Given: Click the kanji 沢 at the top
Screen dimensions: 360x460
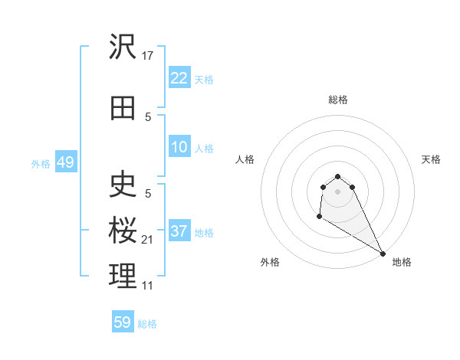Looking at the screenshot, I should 123,47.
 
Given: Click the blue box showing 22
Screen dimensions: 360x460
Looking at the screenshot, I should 179,79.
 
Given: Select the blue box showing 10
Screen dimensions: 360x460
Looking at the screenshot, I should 179,148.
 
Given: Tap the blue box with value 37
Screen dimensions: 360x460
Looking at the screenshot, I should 179,232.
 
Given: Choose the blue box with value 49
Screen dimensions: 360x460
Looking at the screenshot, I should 65,163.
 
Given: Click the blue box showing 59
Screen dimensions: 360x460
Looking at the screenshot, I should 123,323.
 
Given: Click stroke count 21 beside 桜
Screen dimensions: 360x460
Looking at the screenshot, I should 149,240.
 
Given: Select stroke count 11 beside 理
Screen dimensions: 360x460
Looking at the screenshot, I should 148,286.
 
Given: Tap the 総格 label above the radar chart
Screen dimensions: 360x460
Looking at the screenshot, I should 338,100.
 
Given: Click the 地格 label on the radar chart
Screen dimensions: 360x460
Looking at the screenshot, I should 402,263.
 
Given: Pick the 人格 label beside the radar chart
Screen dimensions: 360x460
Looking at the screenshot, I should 245,159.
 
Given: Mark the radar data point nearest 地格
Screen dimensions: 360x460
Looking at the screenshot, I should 383,254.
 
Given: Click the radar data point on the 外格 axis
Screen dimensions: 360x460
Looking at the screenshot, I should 319,217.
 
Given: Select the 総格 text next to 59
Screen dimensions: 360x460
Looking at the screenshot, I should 147,324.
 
